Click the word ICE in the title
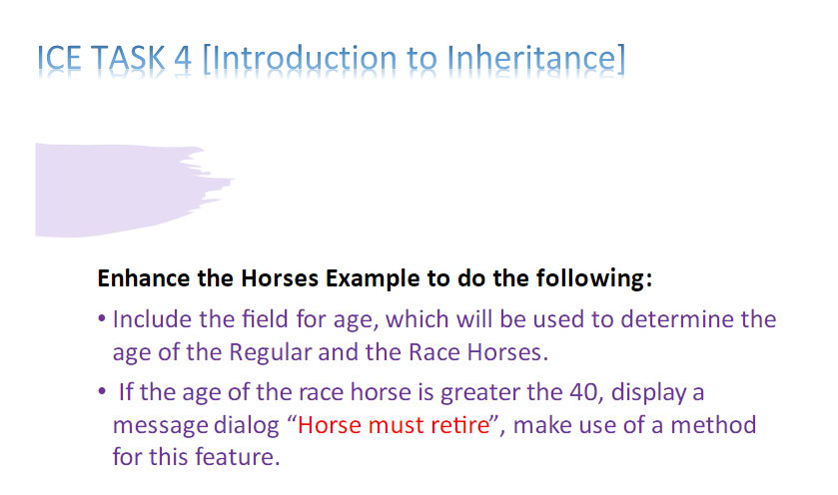point(59,57)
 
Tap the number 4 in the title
point(183,57)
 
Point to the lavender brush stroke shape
point(118,190)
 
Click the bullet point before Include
point(102,318)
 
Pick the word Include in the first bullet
point(152,319)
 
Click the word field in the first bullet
point(265,319)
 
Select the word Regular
point(271,352)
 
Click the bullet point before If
point(102,391)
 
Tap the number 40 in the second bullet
point(586,392)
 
